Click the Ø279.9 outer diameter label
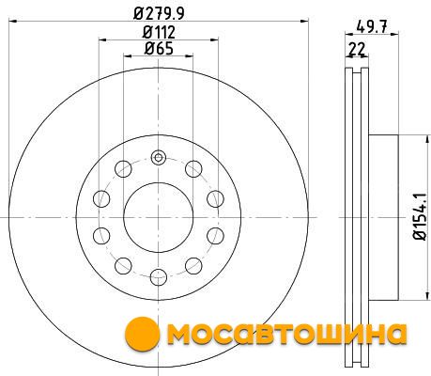tap(159, 13)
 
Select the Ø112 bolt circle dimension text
tap(159, 32)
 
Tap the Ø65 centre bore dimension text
tap(159, 49)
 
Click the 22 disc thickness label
tap(357, 49)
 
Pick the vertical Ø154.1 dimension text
tap(420, 217)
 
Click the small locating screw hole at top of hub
tap(159, 157)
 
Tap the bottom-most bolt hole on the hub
tap(159, 277)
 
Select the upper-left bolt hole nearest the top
tap(123, 169)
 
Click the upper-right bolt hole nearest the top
tap(193, 169)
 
